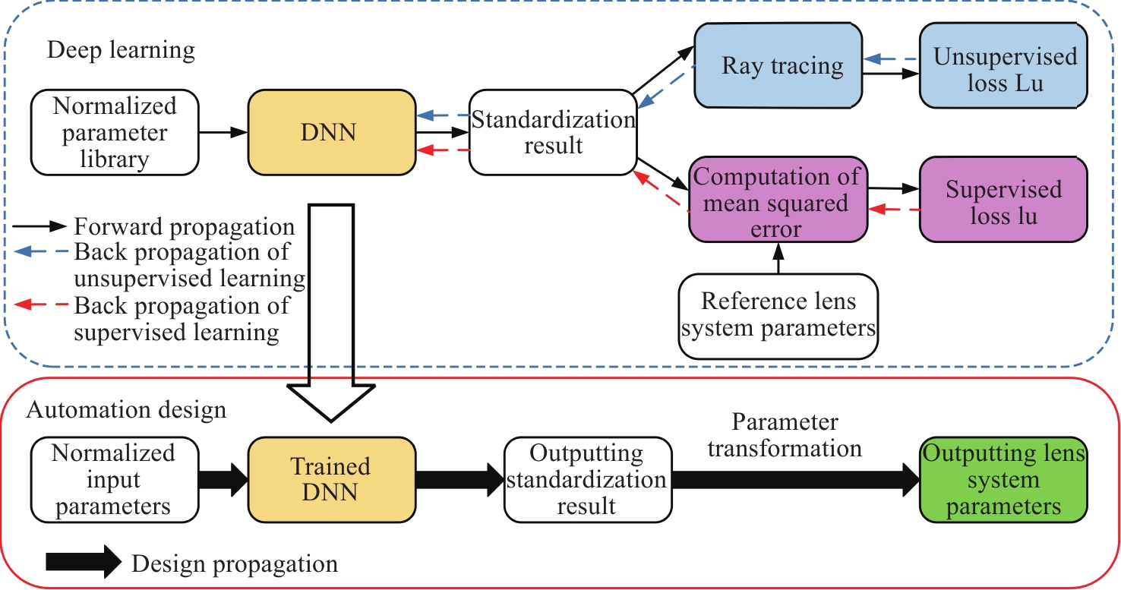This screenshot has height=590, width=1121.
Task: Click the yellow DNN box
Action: [332, 133]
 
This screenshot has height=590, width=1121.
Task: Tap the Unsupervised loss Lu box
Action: [1005, 69]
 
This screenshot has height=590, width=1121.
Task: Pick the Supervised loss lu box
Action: [1003, 201]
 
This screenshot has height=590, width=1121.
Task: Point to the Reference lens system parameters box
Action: [778, 314]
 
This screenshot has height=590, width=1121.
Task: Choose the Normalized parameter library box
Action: [115, 132]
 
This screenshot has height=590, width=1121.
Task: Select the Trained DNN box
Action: [332, 479]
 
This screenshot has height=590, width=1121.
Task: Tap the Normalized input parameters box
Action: [114, 479]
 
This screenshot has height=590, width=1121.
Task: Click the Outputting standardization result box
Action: [586, 479]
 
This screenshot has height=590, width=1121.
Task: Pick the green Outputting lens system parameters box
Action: [1003, 479]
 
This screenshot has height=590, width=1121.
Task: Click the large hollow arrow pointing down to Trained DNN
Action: [331, 319]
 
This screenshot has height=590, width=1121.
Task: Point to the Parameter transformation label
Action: [784, 436]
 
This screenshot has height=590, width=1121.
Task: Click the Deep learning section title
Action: [121, 51]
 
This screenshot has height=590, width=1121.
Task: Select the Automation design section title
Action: [126, 410]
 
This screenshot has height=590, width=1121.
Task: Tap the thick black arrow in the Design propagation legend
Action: [83, 562]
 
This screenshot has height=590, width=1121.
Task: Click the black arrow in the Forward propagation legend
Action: [42, 226]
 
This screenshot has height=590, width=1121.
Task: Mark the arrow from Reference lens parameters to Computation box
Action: [778, 258]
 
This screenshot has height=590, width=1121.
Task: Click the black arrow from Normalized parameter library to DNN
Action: [223, 132]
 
